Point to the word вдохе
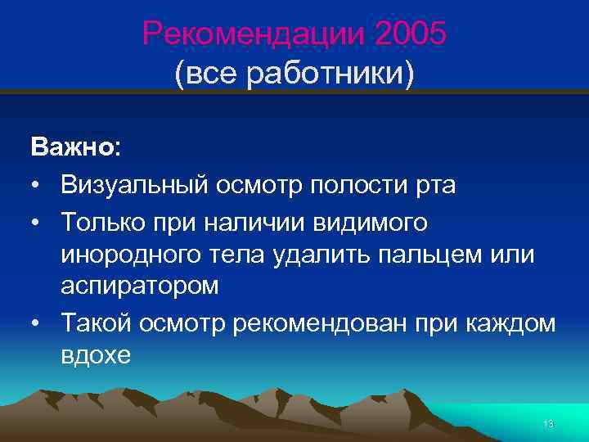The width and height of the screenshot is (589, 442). pyautogui.click(x=95, y=354)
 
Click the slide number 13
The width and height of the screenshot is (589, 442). pyautogui.click(x=548, y=423)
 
